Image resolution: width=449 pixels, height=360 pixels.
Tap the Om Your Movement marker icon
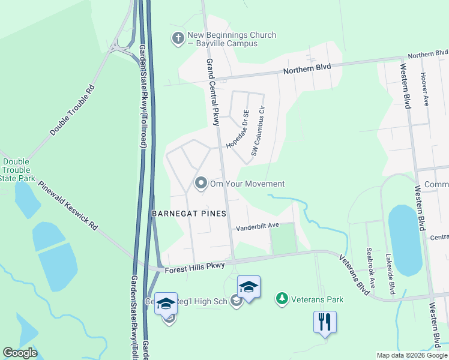[201, 183]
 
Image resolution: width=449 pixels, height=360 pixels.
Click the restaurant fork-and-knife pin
[325, 322]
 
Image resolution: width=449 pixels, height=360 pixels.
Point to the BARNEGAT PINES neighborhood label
[189, 214]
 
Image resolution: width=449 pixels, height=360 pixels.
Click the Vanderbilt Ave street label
[258, 227]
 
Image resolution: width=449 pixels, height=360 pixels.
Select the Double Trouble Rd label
[73, 110]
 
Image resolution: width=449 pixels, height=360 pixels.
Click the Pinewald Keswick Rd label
[68, 206]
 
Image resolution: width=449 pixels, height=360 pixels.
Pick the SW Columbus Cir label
[258, 132]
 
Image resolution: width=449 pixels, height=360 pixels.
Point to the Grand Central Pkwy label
[212, 92]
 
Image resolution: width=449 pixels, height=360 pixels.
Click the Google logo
[20, 353]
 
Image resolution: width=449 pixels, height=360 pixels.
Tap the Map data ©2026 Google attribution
[411, 355]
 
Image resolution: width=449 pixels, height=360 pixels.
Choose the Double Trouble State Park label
[17, 170]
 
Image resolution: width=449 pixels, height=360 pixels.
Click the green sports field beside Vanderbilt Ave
[283, 238]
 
